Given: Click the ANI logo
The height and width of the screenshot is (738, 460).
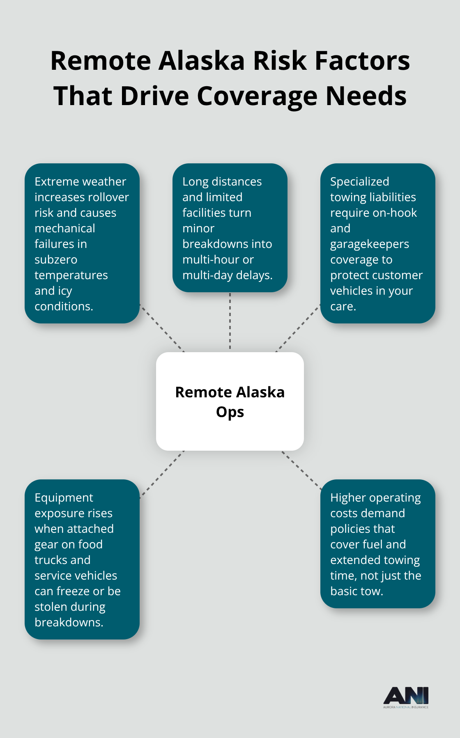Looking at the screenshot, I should coord(406,697).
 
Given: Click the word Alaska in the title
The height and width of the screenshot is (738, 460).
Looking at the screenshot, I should coord(202,61).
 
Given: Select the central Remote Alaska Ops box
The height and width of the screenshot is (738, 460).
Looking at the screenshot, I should coord(230,401).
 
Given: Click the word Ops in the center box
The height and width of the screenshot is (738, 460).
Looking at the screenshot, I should coord(230,412).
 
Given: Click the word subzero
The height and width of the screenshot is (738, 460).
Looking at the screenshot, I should coord(56,259).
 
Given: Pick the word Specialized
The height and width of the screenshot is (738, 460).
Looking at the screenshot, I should coord(359,181).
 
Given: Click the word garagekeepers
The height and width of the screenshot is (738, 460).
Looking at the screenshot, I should coord(369,244).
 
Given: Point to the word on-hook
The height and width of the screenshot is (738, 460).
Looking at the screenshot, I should coord(397,213).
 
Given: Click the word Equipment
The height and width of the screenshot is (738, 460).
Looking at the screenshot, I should coord(64,497).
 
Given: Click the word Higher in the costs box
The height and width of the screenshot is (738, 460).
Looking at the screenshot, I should coord(348,497).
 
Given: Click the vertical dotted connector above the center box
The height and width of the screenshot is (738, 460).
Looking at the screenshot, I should coord(230,322).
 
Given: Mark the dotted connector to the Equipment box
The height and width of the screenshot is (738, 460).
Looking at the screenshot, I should coord(162,474).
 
